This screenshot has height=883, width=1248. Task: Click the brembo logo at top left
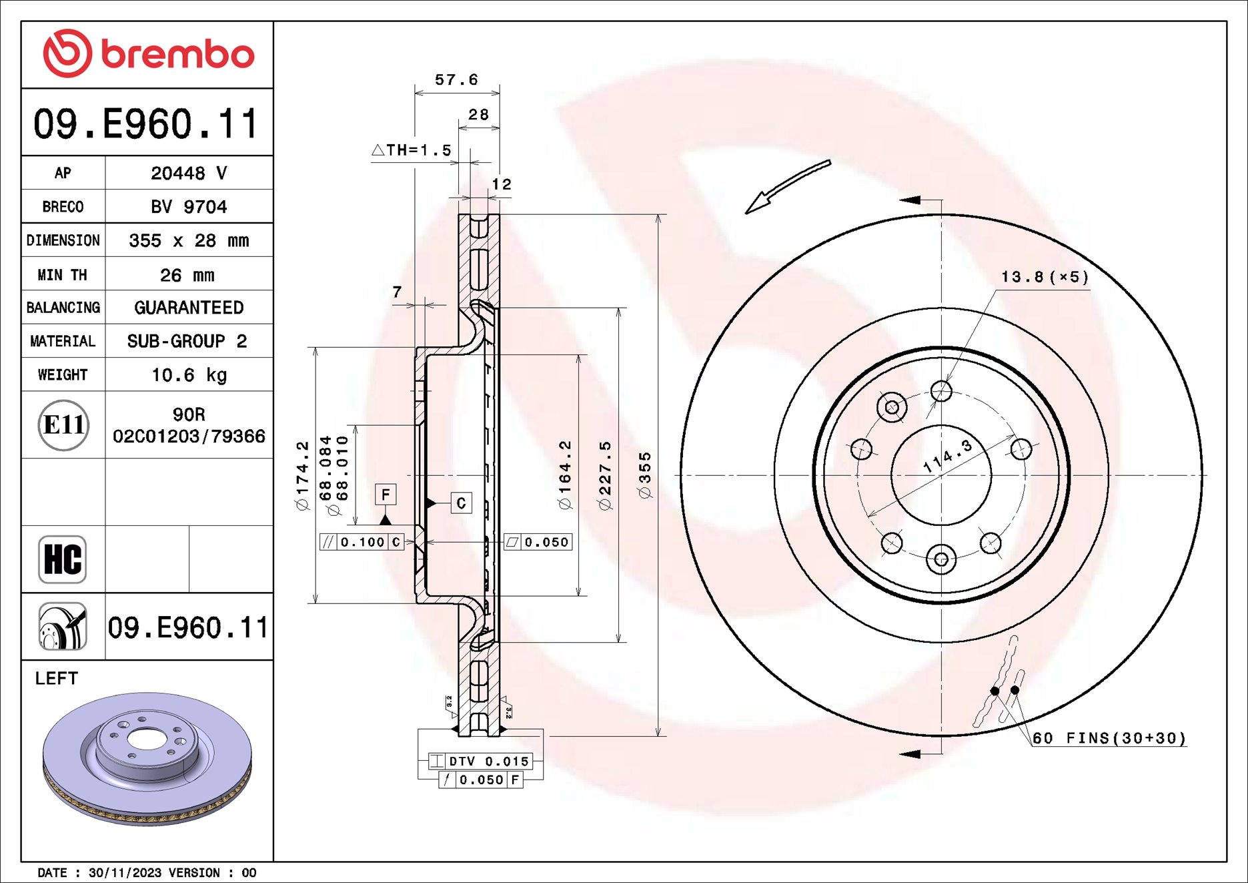pos(148,53)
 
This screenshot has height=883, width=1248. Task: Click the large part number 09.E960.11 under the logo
pos(146,124)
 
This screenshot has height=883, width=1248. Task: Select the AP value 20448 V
pos(189,173)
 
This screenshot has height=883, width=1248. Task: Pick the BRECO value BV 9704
pos(189,207)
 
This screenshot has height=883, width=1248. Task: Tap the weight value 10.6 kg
pos(189,375)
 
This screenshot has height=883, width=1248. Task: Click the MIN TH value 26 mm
pos(187,275)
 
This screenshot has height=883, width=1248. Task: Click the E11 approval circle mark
pos(63,425)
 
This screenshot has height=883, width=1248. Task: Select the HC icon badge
pos(63,559)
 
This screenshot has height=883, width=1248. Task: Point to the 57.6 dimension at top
pos(456,80)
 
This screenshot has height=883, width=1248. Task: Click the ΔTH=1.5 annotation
pos(412,150)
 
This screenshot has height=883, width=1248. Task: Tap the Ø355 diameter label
pos(644,475)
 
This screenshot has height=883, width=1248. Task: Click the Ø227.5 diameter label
pos(605,475)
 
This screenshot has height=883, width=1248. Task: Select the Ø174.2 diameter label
pos(303,475)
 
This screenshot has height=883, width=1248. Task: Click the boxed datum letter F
pos(386,495)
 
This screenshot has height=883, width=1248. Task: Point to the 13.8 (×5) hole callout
pos(1045,277)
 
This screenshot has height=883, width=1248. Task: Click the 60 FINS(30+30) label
pos(1109,738)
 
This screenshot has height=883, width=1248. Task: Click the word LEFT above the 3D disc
pos(57,678)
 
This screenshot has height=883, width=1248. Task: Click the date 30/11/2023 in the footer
pos(125,872)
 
